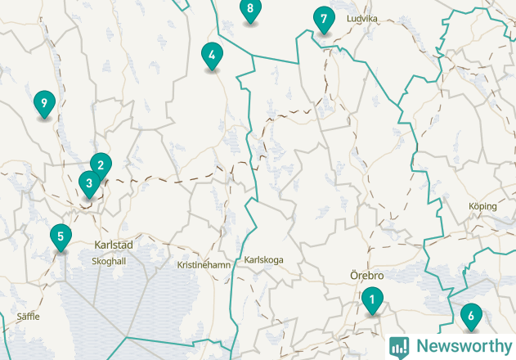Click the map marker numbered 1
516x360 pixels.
[x=372, y=300]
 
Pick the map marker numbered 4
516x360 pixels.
[x=212, y=56]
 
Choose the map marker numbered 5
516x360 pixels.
[x=60, y=237]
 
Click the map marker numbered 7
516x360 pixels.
[x=324, y=19]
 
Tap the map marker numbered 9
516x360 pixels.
[x=44, y=104]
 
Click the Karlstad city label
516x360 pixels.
[x=114, y=245]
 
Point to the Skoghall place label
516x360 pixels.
[x=109, y=261]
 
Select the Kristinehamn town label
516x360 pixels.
[x=204, y=265]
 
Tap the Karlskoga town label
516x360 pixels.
[x=263, y=260]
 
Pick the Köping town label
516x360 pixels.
[x=482, y=206]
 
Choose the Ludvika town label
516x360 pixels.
[x=361, y=18]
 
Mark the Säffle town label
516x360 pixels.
[x=28, y=316]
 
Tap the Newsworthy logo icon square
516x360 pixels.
[x=399, y=346]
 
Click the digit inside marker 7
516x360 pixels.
[x=324, y=18]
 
